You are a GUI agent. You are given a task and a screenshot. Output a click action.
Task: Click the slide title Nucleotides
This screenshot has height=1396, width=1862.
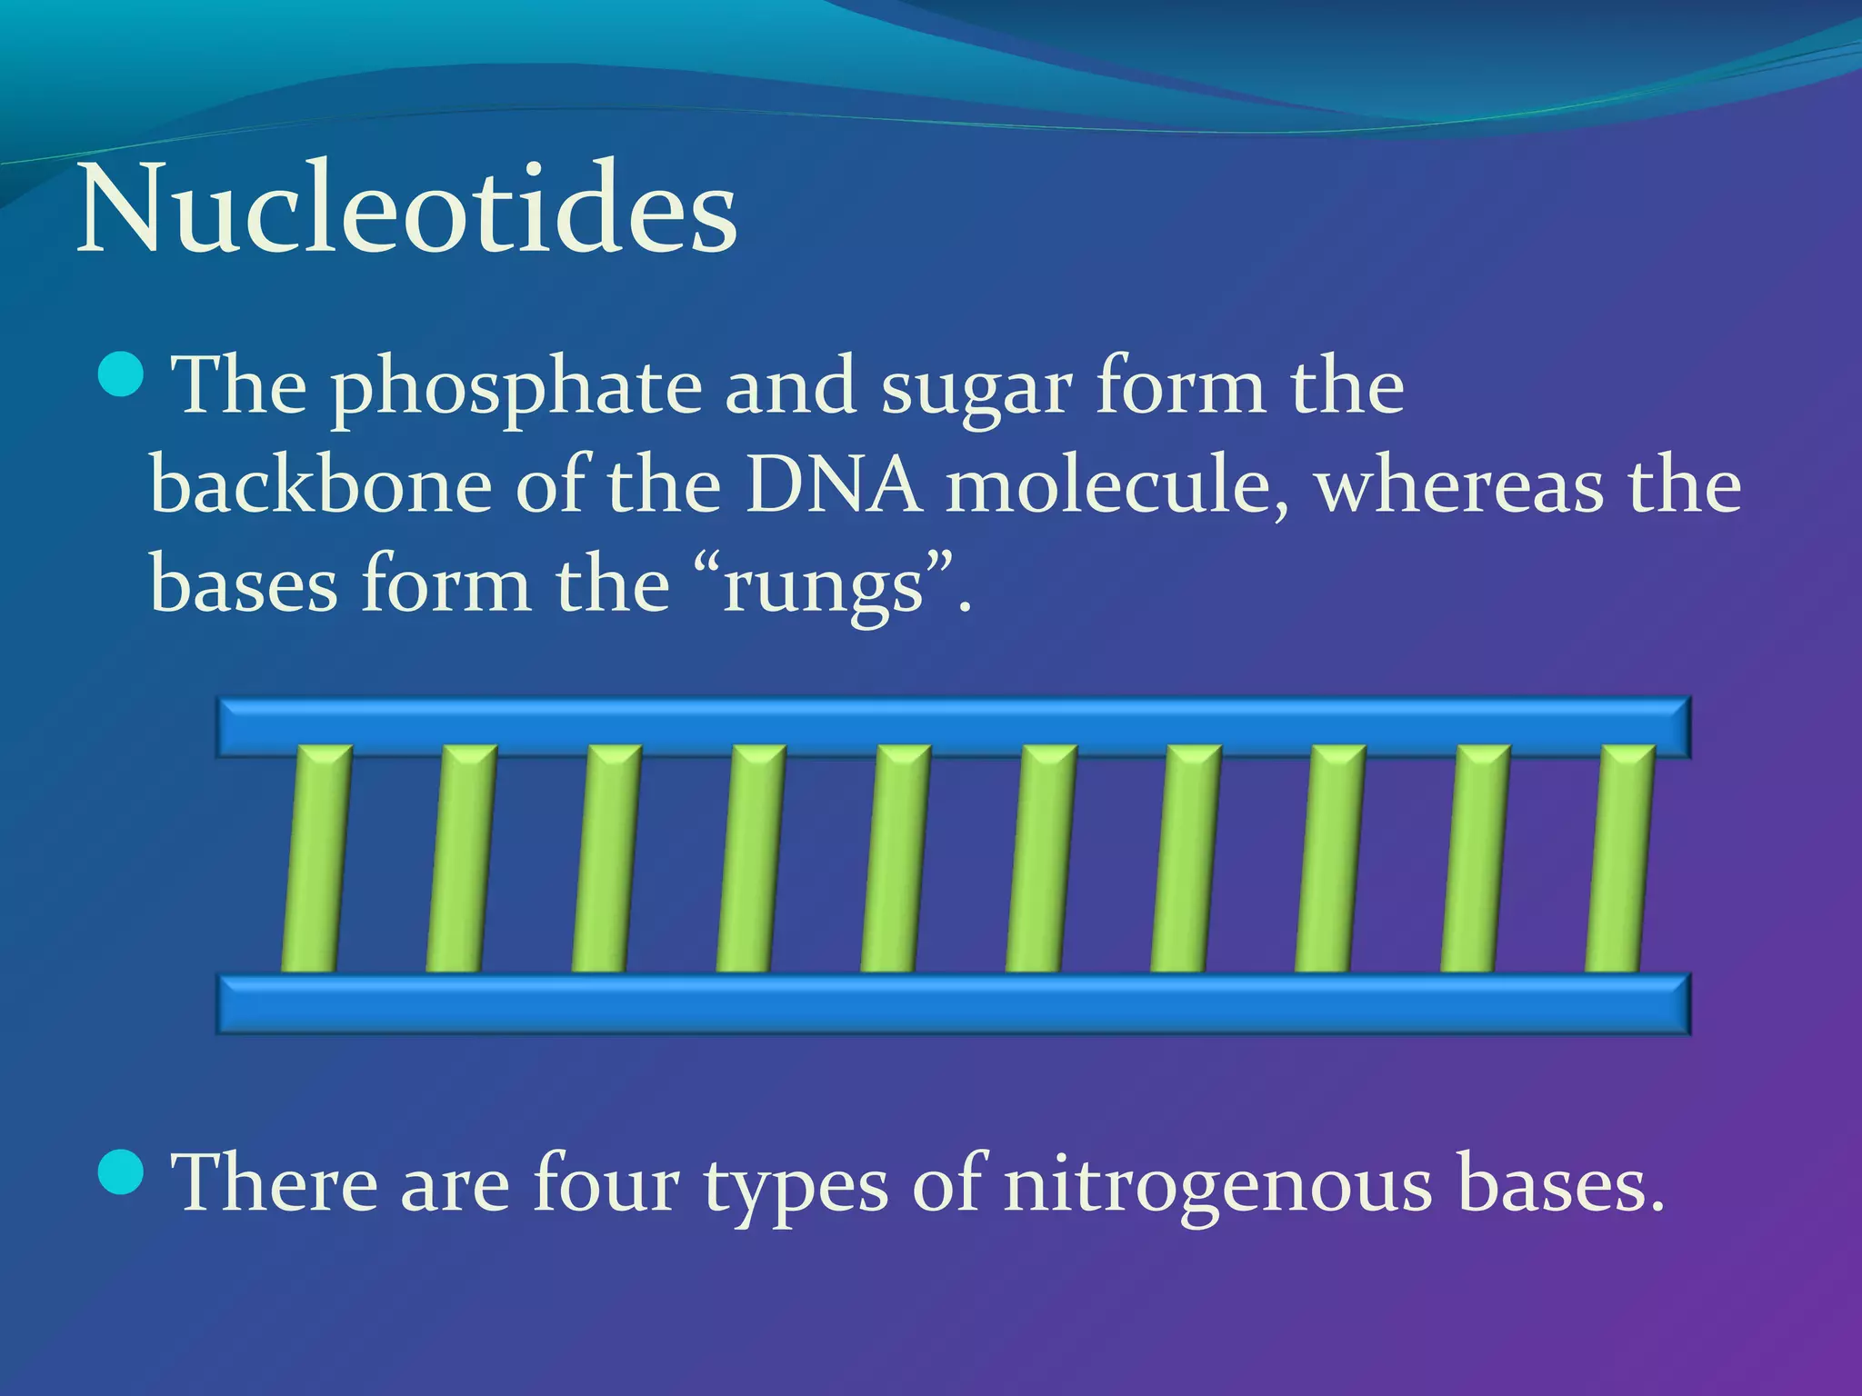pyautogui.click(x=406, y=209)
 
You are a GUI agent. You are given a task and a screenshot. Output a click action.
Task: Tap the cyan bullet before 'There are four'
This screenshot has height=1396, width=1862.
pyautogui.click(x=120, y=1172)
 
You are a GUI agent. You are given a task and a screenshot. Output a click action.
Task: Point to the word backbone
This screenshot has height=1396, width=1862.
pyautogui.click(x=321, y=486)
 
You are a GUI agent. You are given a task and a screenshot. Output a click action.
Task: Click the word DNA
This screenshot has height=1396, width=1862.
pyautogui.click(x=833, y=486)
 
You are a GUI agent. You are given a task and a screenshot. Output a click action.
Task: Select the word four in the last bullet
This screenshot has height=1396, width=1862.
pyautogui.click(x=606, y=1183)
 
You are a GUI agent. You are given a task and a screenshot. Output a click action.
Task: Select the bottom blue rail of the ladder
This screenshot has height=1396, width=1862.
pyautogui.click(x=953, y=1003)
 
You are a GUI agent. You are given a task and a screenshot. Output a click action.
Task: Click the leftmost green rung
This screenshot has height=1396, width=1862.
pyautogui.click(x=316, y=859)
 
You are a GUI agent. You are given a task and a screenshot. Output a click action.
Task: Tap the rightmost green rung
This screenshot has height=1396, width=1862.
pyautogui.click(x=1620, y=859)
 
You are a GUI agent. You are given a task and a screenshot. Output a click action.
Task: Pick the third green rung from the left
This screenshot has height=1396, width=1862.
pyautogui.click(x=606, y=859)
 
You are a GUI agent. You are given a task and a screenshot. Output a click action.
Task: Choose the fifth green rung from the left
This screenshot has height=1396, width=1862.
pyautogui.click(x=896, y=859)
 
